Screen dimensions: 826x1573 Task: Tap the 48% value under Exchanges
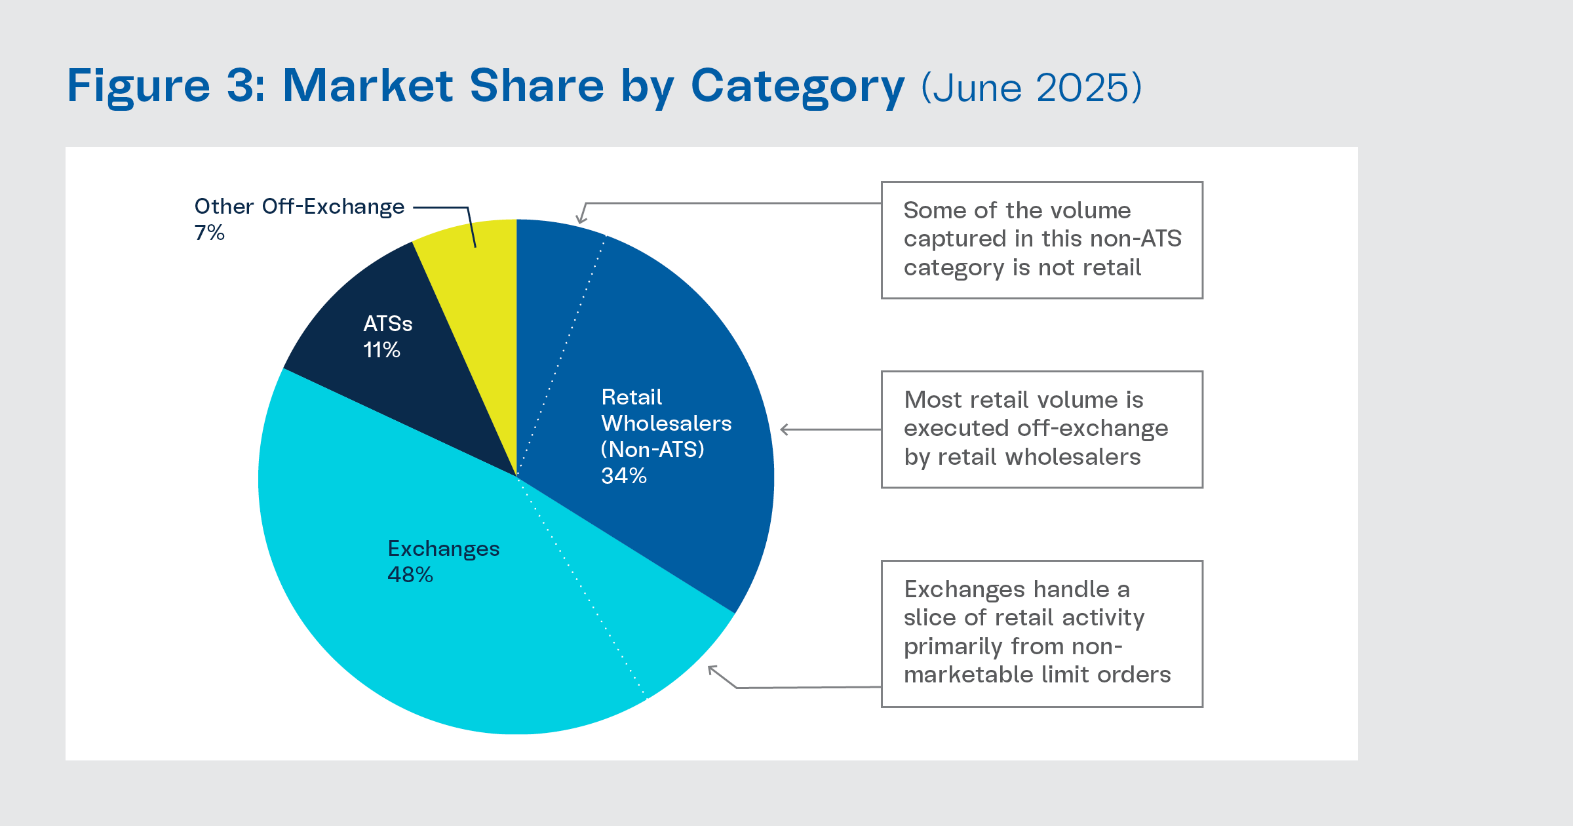tap(410, 575)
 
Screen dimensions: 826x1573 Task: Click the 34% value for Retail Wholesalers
tap(624, 476)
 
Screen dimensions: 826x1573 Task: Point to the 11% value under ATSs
tap(382, 350)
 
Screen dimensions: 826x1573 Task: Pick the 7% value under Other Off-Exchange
tap(210, 233)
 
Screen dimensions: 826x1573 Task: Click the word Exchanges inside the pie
tap(444, 549)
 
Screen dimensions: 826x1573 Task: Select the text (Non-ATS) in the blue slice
tap(653, 450)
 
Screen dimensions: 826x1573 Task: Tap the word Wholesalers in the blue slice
tap(667, 423)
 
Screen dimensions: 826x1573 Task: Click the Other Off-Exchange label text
tap(300, 206)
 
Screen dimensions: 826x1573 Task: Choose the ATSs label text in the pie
tap(388, 324)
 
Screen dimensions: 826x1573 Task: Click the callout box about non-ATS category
tap(1041, 240)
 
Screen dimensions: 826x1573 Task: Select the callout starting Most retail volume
tap(1041, 429)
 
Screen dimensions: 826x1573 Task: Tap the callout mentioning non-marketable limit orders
tap(1041, 633)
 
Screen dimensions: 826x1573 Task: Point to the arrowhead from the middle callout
tap(783, 430)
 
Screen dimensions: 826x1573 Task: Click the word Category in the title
tap(798, 86)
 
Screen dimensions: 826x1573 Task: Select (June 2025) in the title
tap(1032, 87)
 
